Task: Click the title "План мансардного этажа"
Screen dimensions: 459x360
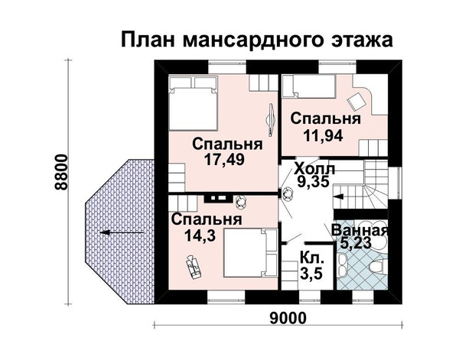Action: click(x=257, y=40)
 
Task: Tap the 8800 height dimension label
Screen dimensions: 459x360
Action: click(x=61, y=172)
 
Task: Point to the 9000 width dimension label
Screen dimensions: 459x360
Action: click(x=288, y=318)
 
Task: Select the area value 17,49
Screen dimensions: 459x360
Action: click(x=224, y=160)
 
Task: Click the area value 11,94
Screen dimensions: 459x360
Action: click(x=323, y=135)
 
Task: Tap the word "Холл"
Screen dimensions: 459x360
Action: click(x=314, y=170)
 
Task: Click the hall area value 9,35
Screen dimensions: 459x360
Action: click(x=313, y=181)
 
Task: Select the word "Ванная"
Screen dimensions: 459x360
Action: click(x=360, y=231)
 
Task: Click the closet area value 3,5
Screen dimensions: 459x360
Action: click(x=311, y=274)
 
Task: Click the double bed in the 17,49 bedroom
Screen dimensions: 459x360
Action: click(x=194, y=103)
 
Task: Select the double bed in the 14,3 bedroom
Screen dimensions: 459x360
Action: click(x=249, y=253)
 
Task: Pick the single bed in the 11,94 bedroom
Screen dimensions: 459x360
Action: click(x=308, y=86)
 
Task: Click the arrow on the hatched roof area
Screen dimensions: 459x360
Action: click(x=122, y=232)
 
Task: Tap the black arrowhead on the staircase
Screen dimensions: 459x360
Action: click(x=338, y=196)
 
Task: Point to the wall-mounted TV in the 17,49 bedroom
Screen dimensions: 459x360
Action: click(x=272, y=119)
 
